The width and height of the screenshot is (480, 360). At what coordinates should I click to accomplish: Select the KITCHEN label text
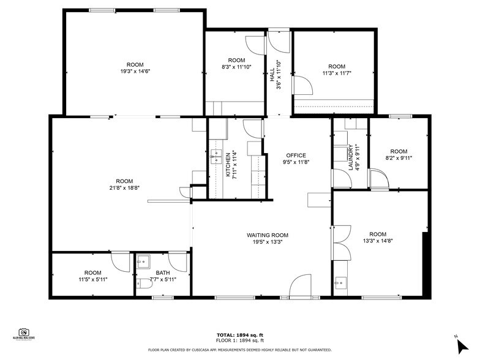tap(228, 165)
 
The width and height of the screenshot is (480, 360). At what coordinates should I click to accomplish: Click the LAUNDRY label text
tap(351, 156)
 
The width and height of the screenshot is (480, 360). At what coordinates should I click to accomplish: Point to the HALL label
tap(272, 75)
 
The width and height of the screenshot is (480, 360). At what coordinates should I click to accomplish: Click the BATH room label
tap(162, 272)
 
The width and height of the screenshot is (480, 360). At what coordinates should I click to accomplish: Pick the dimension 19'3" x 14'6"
tap(135, 72)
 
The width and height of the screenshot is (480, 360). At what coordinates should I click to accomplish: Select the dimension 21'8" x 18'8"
tap(124, 188)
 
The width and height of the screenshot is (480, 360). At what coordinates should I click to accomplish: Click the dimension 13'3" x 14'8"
tap(378, 241)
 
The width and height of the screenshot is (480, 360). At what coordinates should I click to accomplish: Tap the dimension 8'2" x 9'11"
tap(399, 158)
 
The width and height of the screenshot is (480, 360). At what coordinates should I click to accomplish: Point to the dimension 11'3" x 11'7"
tap(336, 73)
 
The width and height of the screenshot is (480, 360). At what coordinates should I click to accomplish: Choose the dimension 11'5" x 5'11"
tap(92, 280)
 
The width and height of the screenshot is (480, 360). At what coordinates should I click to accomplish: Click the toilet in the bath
tap(142, 283)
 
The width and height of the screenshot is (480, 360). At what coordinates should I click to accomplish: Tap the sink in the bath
tap(143, 262)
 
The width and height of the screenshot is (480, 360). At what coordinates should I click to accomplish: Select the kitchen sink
tap(216, 157)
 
